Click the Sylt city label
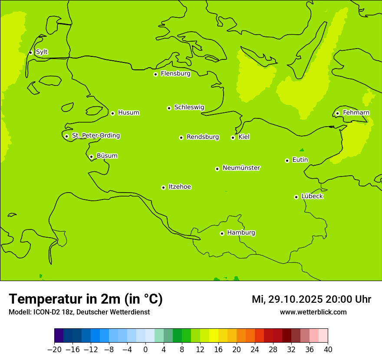click(x=42, y=52)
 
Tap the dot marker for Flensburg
click(x=155, y=74)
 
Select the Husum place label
click(x=128, y=113)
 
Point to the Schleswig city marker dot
click(x=169, y=108)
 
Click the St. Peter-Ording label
click(x=96, y=136)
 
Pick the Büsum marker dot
click(x=91, y=157)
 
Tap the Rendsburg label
click(x=203, y=137)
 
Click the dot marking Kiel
click(x=233, y=137)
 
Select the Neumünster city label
click(x=241, y=168)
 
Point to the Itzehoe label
click(x=180, y=187)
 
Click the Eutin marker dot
click(x=287, y=160)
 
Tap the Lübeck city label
click(x=312, y=196)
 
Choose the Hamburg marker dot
click(x=222, y=233)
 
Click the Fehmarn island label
click(x=356, y=113)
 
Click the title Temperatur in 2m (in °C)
click(x=86, y=299)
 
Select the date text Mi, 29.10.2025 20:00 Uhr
click(x=311, y=299)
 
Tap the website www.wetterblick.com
click(x=313, y=312)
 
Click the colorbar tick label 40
click(x=328, y=350)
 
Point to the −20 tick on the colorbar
click(x=54, y=350)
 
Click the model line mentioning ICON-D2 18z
click(x=79, y=312)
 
